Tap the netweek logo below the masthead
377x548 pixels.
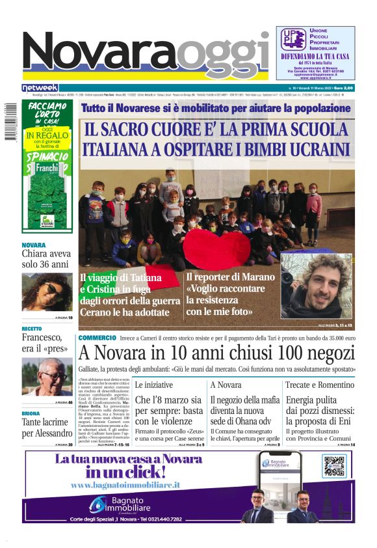tap(40, 88)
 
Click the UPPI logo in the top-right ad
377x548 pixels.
tap(293, 40)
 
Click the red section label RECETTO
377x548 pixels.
tap(32, 329)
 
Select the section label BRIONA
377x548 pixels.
tap(31, 413)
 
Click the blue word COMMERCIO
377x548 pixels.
tap(97, 338)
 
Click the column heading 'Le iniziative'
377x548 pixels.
tap(154, 385)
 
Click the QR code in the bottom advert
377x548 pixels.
tap(335, 466)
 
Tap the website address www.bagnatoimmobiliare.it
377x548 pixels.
tap(125, 485)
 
